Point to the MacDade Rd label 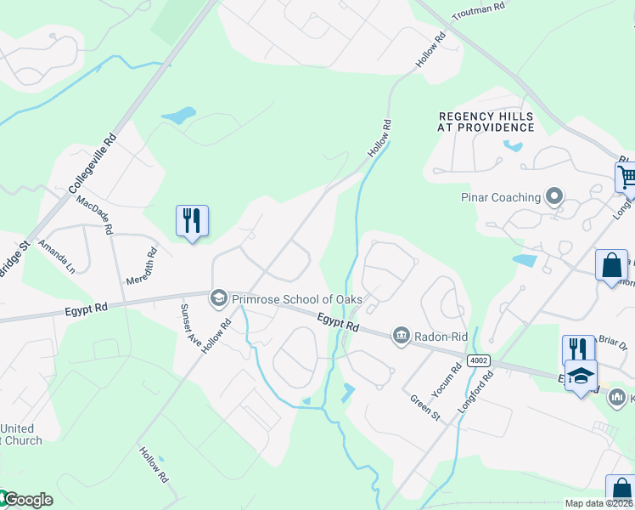[x=94, y=216]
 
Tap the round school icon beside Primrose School [x=219, y=297]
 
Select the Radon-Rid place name [x=441, y=337]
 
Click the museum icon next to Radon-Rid [x=400, y=337]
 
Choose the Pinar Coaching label [x=501, y=197]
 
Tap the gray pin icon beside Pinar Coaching [x=554, y=197]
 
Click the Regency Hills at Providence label [x=486, y=122]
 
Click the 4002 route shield [x=479, y=361]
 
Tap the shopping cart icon [x=627, y=178]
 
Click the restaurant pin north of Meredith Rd [x=192, y=221]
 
